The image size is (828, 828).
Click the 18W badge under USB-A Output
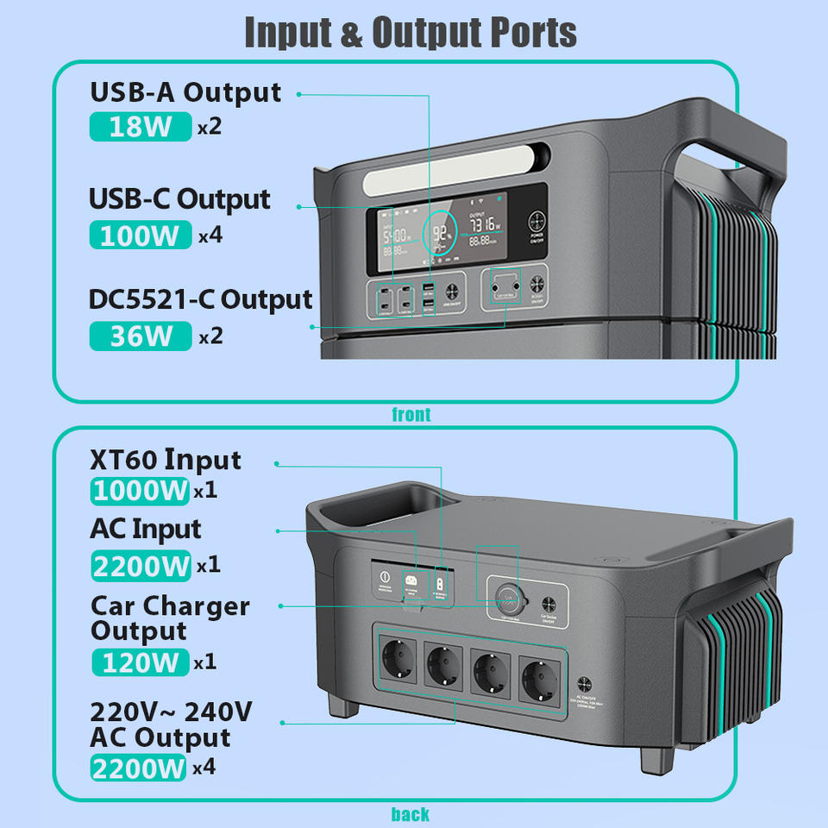(x=140, y=127)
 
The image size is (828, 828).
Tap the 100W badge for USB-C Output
(x=140, y=235)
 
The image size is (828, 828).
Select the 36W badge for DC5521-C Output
(x=140, y=336)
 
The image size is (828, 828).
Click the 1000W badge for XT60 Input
(x=140, y=491)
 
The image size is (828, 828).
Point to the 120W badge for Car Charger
(x=140, y=662)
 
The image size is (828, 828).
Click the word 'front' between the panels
(x=411, y=415)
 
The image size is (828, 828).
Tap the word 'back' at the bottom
(x=411, y=814)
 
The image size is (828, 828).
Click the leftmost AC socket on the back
(x=398, y=665)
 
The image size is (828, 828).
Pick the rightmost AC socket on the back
(x=541, y=670)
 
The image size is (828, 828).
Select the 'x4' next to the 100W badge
(x=210, y=235)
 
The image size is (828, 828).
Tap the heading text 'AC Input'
(x=145, y=529)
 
